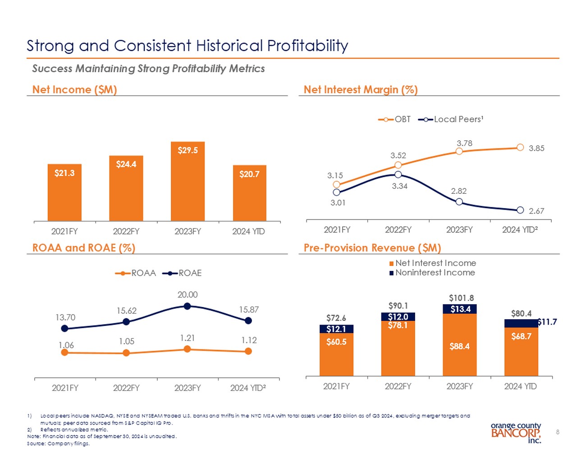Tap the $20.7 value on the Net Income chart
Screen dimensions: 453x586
pyautogui.click(x=249, y=174)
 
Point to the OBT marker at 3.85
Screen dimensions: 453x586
pyautogui.click(x=520, y=147)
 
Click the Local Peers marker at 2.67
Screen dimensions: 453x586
pyautogui.click(x=520, y=210)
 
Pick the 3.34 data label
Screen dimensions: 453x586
pyautogui.click(x=399, y=186)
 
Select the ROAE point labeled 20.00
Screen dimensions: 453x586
pyautogui.click(x=188, y=307)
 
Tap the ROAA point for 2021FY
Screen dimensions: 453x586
pyautogui.click(x=64, y=352)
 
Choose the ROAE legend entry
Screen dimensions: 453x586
pyautogui.click(x=184, y=273)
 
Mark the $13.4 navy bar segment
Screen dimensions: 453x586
pyautogui.click(x=460, y=309)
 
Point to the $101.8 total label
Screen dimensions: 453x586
pyautogui.click(x=461, y=298)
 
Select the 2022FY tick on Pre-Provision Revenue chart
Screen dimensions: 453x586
pyautogui.click(x=398, y=386)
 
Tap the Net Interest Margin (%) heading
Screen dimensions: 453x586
pyautogui.click(x=361, y=90)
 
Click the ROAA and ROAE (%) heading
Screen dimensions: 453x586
pyautogui.click(x=84, y=248)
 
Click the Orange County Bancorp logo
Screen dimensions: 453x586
pyautogui.click(x=516, y=433)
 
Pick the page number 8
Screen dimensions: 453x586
pyautogui.click(x=558, y=432)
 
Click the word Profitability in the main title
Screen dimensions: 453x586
pyautogui.click(x=307, y=46)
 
